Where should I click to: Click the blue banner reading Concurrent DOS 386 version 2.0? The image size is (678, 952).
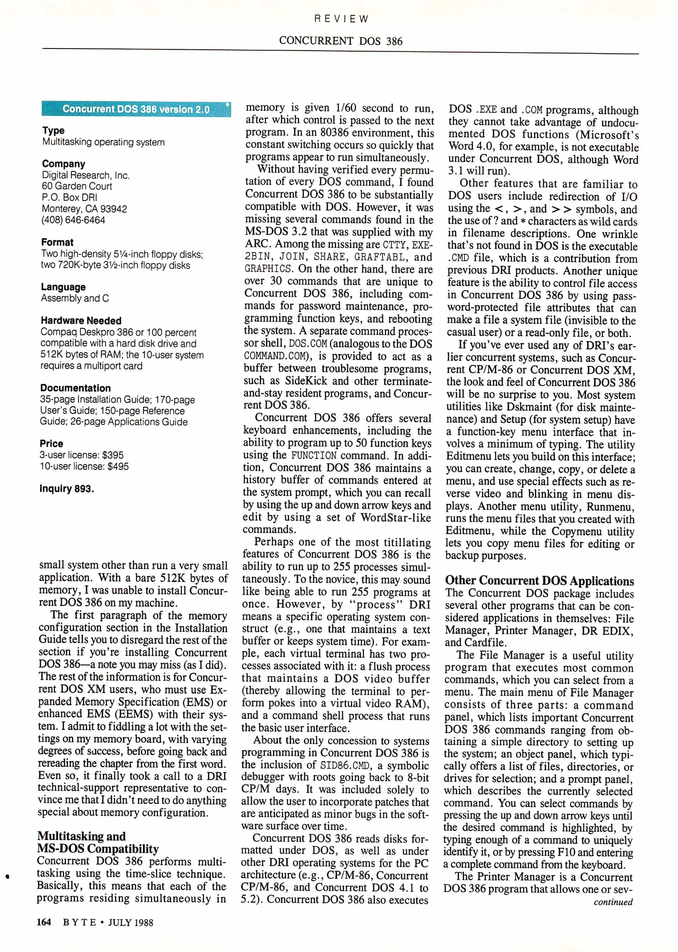pos(136,109)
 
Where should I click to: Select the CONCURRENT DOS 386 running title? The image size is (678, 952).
pos(341,41)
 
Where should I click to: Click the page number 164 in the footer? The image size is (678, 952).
pos(44,922)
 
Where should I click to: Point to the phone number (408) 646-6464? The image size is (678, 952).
pos(73,220)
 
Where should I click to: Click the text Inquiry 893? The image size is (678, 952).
pos(67,488)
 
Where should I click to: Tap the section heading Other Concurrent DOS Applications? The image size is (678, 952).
pos(539,580)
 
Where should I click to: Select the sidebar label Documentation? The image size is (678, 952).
pos(75,388)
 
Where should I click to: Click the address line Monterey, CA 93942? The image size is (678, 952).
pos(84,209)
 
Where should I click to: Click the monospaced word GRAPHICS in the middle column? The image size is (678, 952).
pos(268,269)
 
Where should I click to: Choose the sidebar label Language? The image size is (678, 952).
pos(63,287)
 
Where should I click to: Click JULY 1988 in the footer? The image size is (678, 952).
pos(131,922)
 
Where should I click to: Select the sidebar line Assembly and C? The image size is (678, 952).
pos(75,298)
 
